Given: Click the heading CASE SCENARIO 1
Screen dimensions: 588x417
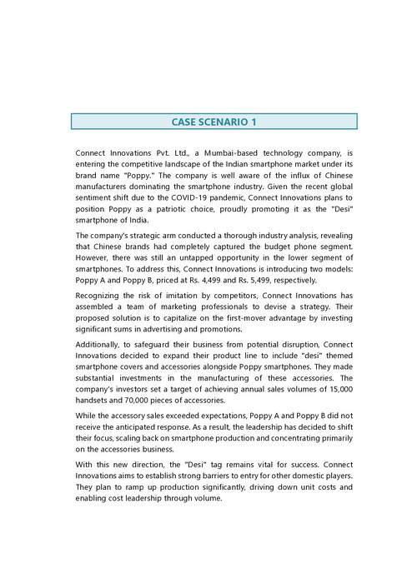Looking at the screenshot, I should (x=214, y=122).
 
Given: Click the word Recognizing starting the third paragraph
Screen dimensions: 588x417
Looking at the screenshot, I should (x=101, y=296).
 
